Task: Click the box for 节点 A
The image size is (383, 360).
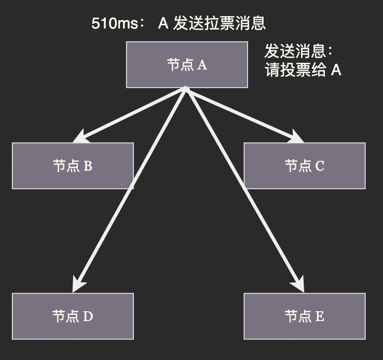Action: click(187, 65)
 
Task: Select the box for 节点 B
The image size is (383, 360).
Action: click(73, 166)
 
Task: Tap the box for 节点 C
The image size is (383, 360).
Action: click(305, 166)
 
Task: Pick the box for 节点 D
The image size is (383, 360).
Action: click(73, 316)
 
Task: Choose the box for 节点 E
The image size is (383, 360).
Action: click(305, 316)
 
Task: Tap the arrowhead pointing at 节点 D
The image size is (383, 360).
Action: click(79, 285)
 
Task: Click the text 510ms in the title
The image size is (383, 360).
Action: click(112, 23)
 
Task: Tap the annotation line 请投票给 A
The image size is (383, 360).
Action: click(303, 70)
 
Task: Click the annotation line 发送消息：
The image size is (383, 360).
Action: click(298, 52)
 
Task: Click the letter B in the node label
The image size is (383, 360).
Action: click(88, 167)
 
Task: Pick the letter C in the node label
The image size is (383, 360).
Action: click(320, 167)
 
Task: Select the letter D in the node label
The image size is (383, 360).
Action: click(88, 317)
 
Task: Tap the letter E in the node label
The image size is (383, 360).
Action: click(320, 317)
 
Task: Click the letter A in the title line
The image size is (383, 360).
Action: click(163, 23)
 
